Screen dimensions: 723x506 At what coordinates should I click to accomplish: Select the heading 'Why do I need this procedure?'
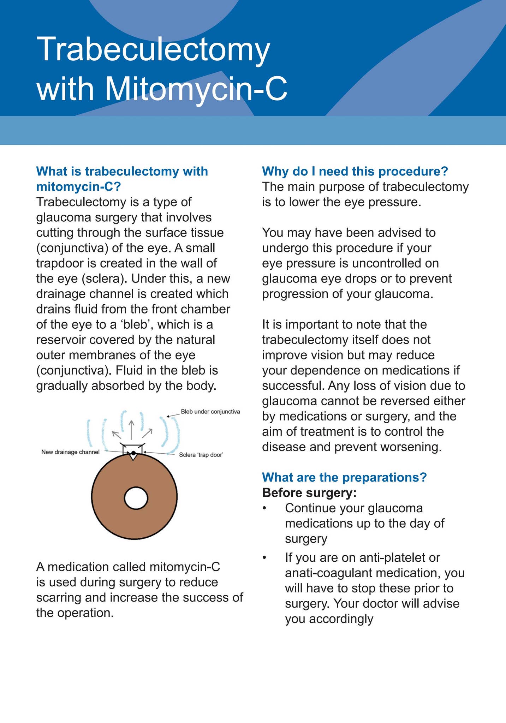click(355, 172)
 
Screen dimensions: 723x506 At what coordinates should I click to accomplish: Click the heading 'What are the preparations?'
click(344, 477)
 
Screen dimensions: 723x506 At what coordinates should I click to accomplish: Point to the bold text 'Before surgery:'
click(309, 492)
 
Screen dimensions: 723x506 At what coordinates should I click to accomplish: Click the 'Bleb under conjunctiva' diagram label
click(210, 412)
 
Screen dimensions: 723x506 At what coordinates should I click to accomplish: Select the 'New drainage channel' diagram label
click(70, 452)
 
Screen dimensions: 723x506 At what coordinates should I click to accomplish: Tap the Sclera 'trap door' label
click(201, 455)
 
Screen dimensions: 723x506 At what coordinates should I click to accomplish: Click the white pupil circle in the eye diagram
click(136, 498)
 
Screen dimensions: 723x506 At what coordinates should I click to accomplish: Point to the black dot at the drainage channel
click(133, 453)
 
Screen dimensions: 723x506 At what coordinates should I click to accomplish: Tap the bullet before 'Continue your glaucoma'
click(264, 508)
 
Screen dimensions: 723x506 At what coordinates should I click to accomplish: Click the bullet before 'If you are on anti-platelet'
click(264, 558)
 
